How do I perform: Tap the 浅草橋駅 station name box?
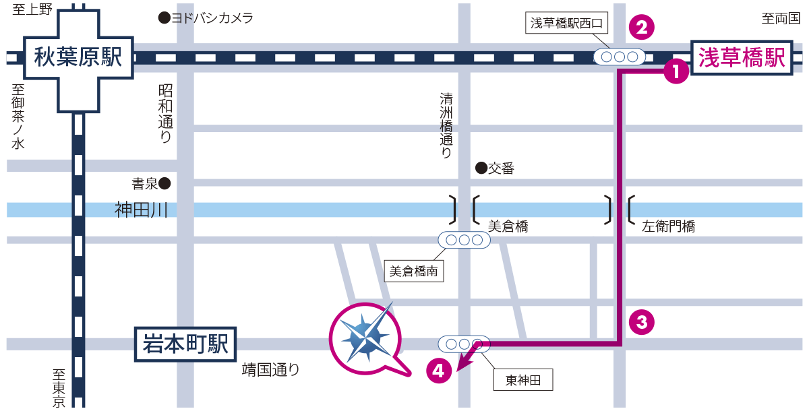pos(742,58)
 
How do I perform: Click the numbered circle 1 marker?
pos(676,71)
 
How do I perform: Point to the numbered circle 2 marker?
pos(641,28)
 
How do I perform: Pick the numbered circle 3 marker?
pos(641,322)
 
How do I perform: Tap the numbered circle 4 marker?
pos(438,370)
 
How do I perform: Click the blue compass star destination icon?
pos(365,337)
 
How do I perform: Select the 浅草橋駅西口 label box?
pos(569,24)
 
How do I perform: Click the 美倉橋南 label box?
pos(414,272)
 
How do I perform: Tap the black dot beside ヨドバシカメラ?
pos(163,18)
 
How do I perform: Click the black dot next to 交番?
pos(481,168)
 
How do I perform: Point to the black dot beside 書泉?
pos(164,183)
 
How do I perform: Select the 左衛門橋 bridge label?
pos(668,226)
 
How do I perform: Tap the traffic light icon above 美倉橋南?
pos(465,239)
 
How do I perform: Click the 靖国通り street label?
pos(270,369)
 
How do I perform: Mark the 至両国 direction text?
pos(780,19)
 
